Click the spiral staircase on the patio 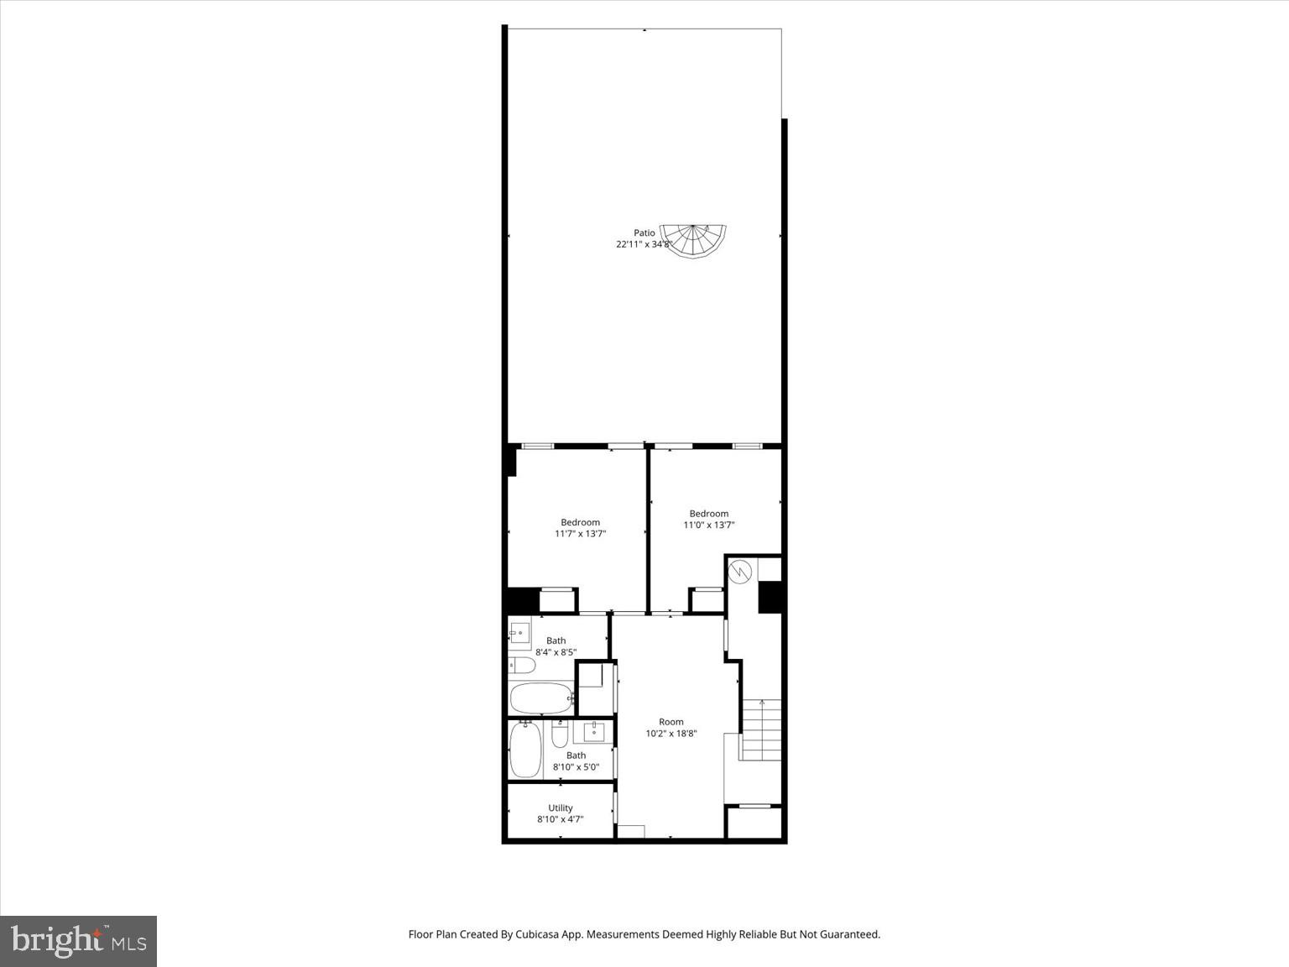click(x=693, y=241)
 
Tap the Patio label click(x=644, y=233)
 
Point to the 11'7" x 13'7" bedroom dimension click(x=580, y=533)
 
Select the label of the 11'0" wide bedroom click(x=709, y=514)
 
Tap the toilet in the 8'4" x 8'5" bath click(x=522, y=666)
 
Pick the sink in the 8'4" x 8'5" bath click(x=519, y=632)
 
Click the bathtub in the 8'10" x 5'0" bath click(x=526, y=750)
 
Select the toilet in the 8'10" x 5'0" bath click(x=560, y=734)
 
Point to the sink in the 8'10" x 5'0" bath click(x=594, y=731)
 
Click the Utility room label click(x=561, y=808)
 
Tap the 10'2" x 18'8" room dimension click(x=671, y=733)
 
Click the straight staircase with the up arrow click(x=760, y=729)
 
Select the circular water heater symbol click(x=740, y=571)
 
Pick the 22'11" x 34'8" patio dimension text click(x=644, y=244)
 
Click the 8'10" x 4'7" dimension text click(x=561, y=819)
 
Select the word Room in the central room click(x=671, y=721)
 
